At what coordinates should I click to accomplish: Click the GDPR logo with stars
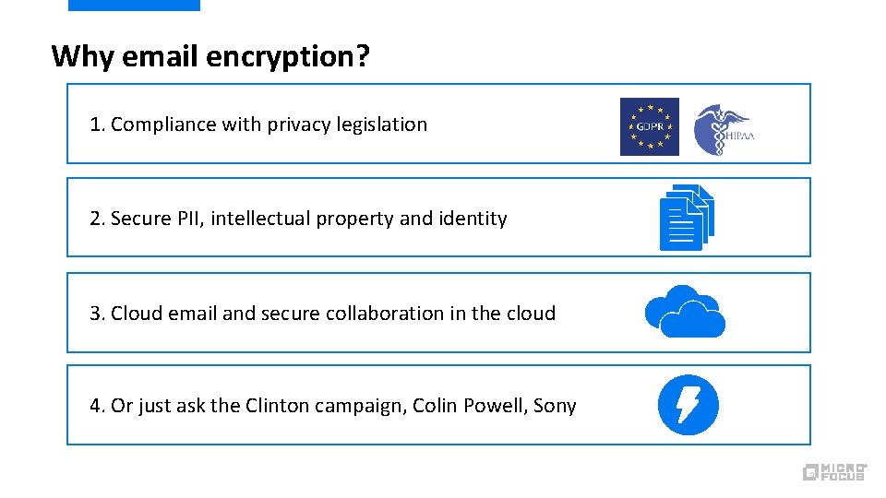click(x=649, y=126)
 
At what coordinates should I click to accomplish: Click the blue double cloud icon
click(x=685, y=312)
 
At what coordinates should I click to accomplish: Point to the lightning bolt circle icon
click(x=688, y=405)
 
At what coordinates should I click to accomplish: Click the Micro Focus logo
click(x=834, y=471)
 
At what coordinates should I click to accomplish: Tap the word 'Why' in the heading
click(x=82, y=56)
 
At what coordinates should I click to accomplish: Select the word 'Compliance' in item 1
click(x=163, y=125)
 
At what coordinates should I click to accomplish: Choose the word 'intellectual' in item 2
click(x=253, y=219)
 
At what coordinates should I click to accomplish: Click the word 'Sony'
click(x=555, y=406)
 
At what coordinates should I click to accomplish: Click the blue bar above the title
click(x=134, y=5)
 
